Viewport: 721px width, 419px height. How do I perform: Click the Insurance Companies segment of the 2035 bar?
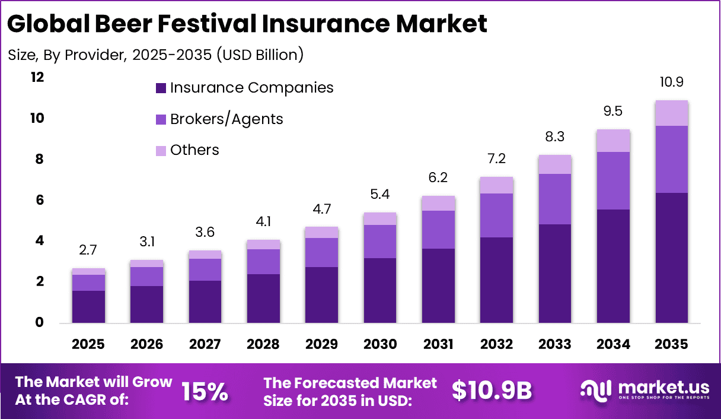(671, 258)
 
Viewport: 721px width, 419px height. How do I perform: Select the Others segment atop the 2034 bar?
(613, 141)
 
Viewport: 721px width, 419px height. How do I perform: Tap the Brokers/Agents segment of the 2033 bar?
(554, 199)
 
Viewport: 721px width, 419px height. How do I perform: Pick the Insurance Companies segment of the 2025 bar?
(88, 306)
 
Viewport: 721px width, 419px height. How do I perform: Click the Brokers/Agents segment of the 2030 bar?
(379, 242)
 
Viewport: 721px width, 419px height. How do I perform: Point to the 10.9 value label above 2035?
(671, 82)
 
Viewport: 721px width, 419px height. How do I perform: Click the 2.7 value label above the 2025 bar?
(88, 250)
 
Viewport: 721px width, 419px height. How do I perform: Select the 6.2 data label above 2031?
(438, 177)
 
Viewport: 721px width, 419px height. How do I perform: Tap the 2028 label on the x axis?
(263, 344)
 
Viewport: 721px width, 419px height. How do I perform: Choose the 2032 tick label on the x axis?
(496, 344)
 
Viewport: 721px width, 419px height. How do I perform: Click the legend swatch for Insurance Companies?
(161, 88)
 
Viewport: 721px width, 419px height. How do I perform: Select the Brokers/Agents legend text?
(226, 119)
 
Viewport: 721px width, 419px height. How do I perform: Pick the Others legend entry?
(194, 150)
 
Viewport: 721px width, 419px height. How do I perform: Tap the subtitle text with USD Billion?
(155, 55)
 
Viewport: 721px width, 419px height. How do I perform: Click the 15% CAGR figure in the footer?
(205, 391)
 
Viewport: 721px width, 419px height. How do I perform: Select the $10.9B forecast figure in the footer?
(492, 391)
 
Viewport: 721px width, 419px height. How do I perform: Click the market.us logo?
(643, 391)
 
